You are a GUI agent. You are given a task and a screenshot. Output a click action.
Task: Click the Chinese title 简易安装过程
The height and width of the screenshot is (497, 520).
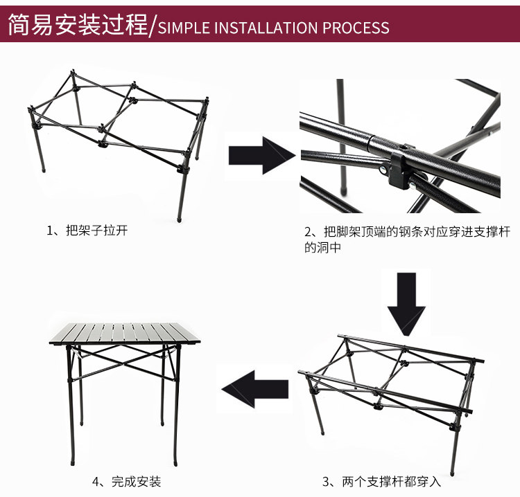click(77, 26)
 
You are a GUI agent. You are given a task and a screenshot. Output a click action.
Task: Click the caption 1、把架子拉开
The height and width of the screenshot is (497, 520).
click(87, 231)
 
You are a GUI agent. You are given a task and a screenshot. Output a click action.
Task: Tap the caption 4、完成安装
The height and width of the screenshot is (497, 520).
click(126, 481)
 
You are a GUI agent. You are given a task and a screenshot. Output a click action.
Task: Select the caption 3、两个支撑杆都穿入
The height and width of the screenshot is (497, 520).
click(381, 481)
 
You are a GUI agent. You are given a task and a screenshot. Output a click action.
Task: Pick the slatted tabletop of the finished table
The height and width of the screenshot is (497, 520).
click(125, 333)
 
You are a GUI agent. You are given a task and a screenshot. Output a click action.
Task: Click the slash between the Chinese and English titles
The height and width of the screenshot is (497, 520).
click(153, 26)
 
